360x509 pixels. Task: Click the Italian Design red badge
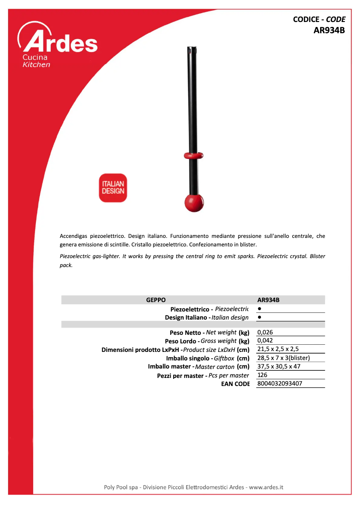tap(113, 188)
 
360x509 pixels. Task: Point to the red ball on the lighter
tap(194, 203)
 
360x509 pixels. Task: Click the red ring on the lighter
tap(193, 155)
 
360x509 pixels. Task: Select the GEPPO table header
tap(156, 300)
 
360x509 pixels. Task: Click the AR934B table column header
tap(268, 300)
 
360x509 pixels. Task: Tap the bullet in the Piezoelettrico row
tap(260, 309)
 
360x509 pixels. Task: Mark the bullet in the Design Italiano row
tap(260, 317)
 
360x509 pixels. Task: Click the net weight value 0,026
tap(265, 333)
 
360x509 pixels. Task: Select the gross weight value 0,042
tap(265, 341)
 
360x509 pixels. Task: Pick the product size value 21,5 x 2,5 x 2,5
tap(278, 349)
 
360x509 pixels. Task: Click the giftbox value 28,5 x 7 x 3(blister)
tap(284, 358)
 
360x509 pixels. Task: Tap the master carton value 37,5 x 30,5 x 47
tap(279, 366)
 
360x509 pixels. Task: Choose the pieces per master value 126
tap(263, 375)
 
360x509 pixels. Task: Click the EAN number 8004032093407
tap(280, 384)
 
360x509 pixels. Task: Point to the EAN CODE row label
tap(235, 384)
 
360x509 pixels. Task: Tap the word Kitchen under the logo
tap(36, 65)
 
